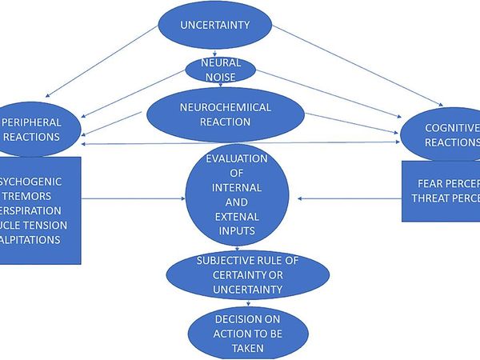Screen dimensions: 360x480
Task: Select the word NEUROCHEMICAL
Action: tap(226, 108)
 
